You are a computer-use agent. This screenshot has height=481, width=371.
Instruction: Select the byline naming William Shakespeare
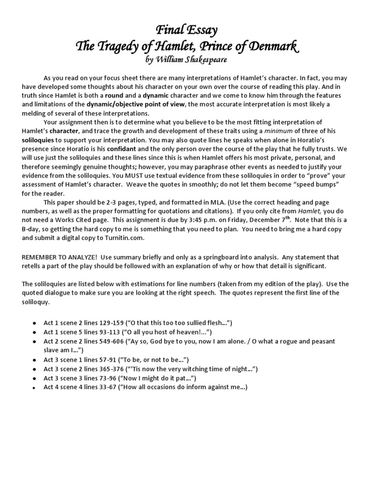pyautogui.click(x=185, y=60)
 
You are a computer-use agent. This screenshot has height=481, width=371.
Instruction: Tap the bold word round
pyautogui.click(x=114, y=95)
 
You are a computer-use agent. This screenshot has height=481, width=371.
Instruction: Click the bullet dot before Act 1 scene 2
pyautogui.click(x=34, y=323)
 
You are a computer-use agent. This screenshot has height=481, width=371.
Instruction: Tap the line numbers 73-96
pyautogui.click(x=115, y=378)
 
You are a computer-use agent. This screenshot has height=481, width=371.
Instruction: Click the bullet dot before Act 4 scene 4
pyautogui.click(x=34, y=387)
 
